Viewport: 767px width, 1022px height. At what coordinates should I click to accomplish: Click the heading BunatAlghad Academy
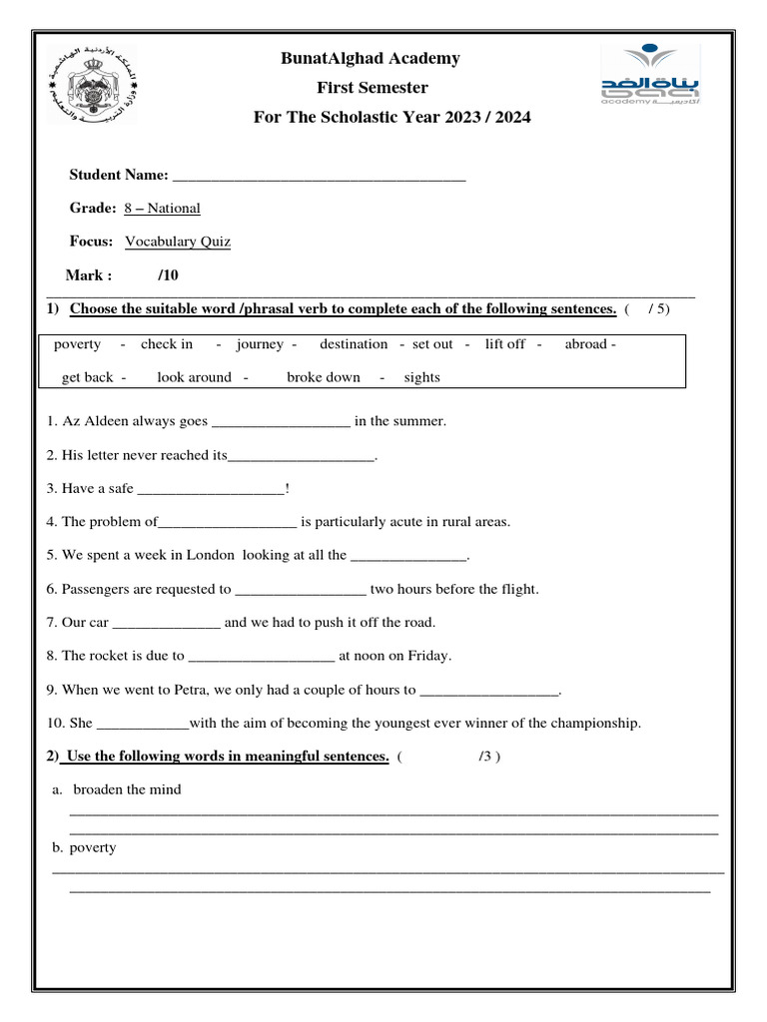click(x=371, y=59)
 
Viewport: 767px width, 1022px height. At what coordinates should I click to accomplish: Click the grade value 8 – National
click(x=162, y=209)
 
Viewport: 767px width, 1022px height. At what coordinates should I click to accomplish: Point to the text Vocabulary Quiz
click(x=178, y=242)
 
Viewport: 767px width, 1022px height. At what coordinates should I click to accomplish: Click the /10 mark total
click(x=169, y=275)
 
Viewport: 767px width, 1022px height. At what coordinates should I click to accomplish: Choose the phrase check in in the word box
click(x=167, y=344)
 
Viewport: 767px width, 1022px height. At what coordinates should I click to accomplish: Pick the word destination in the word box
click(x=354, y=344)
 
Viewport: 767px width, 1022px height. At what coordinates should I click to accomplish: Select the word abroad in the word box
click(x=587, y=344)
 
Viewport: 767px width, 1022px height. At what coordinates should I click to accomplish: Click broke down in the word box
click(x=324, y=377)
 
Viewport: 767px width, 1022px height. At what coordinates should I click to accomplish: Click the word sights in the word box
click(x=421, y=377)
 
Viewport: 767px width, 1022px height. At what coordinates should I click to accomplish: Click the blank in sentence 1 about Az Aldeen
click(x=282, y=422)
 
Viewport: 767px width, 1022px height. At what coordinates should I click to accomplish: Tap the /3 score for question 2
click(x=486, y=757)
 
